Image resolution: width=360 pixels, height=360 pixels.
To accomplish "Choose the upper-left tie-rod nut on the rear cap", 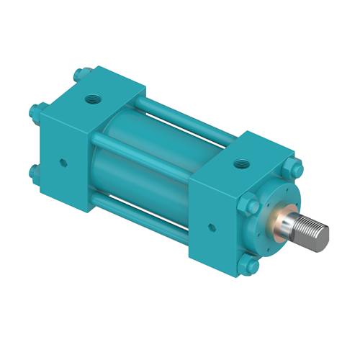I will tap(35, 112).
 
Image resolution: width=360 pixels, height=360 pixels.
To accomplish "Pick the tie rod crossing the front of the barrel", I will tap(144, 144).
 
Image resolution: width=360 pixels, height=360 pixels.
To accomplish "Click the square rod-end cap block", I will tap(223, 202).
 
